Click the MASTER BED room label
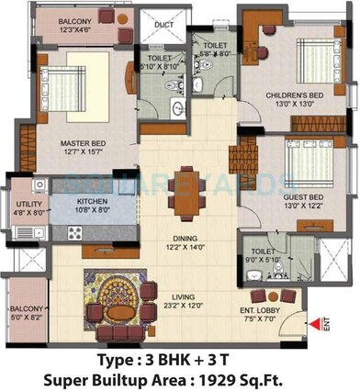tap(80, 144)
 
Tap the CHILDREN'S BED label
tap(292, 95)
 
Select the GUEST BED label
tap(302, 197)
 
